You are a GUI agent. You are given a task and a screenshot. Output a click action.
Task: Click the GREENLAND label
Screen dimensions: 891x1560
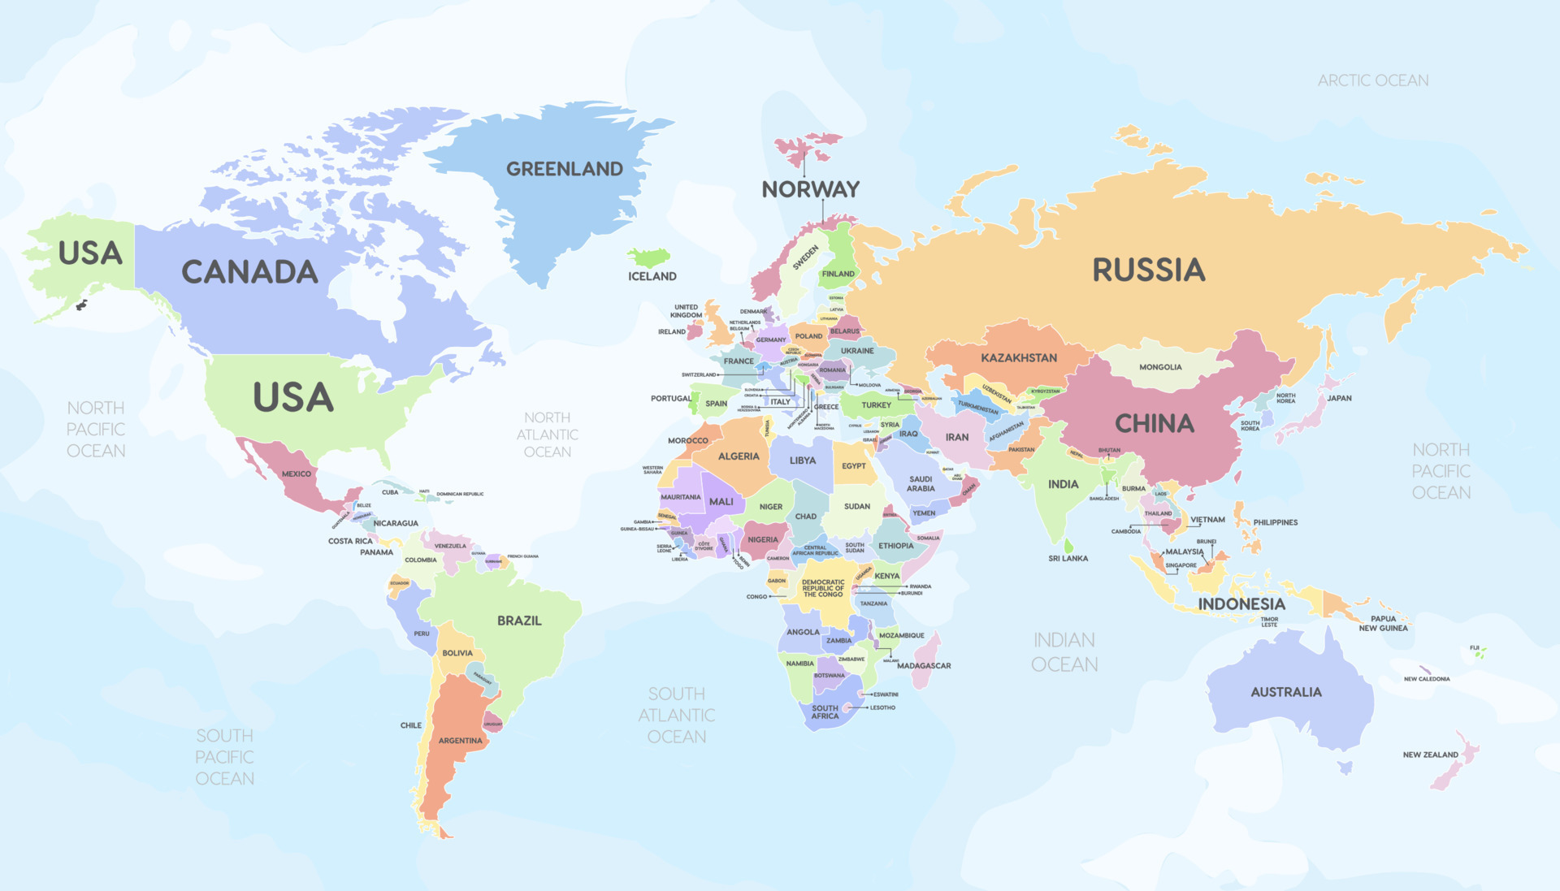tap(565, 169)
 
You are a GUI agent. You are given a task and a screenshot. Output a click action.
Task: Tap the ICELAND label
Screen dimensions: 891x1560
tap(652, 276)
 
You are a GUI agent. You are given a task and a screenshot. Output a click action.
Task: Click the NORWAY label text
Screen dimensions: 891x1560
tap(810, 189)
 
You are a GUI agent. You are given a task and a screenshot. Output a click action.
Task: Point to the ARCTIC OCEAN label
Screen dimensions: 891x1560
tap(1372, 80)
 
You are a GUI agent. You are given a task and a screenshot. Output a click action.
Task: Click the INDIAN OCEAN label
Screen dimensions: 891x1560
tap(1064, 652)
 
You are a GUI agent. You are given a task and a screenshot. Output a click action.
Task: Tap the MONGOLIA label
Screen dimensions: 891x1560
tap(1160, 367)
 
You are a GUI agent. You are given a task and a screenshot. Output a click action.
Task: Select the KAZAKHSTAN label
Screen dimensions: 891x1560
tap(1019, 357)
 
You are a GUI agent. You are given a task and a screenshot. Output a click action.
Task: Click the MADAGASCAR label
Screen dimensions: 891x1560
tap(924, 666)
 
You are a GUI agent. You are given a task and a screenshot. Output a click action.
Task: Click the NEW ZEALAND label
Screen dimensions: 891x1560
tap(1430, 755)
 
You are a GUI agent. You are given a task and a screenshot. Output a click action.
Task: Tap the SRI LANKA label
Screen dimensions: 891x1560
tap(1068, 559)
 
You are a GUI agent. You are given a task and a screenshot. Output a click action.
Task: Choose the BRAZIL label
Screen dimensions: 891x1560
tap(519, 621)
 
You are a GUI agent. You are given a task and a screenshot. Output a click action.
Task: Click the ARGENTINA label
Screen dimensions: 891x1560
tap(460, 741)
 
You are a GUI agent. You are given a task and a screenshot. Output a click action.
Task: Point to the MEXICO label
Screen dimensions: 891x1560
tap(296, 474)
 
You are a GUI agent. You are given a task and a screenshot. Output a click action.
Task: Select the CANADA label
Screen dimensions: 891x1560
tap(249, 272)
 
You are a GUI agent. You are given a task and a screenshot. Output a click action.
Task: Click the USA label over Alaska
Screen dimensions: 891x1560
tap(90, 253)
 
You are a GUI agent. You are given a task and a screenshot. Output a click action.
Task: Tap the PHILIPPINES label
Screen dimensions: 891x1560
tap(1275, 522)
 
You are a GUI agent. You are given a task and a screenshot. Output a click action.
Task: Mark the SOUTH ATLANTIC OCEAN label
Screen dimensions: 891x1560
tap(676, 715)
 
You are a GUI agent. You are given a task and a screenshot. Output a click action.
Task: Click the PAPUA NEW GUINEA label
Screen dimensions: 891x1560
tap(1383, 623)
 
